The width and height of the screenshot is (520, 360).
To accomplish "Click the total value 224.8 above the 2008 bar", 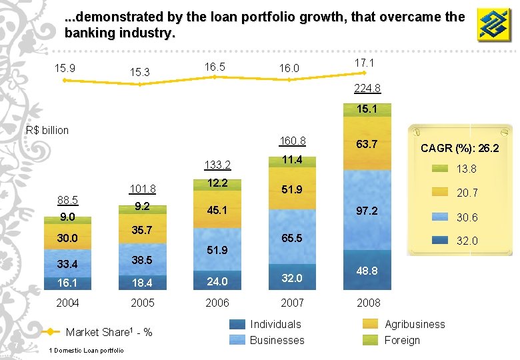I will pyautogui.click(x=367, y=89).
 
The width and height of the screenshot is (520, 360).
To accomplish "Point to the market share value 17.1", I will pyautogui.click(x=364, y=63).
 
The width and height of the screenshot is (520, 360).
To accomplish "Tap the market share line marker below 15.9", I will pyautogui.click(x=65, y=80).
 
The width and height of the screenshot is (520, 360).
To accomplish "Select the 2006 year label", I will pyautogui.click(x=217, y=303).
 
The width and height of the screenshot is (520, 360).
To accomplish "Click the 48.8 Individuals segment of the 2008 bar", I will pyautogui.click(x=367, y=271).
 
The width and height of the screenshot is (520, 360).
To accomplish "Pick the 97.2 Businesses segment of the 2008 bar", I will pyautogui.click(x=367, y=211).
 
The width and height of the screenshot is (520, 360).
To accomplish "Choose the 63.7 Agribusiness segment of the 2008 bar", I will pyautogui.click(x=367, y=144).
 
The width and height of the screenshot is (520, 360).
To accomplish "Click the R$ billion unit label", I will pyautogui.click(x=47, y=130).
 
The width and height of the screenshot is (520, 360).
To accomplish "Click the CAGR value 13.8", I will pyautogui.click(x=466, y=169).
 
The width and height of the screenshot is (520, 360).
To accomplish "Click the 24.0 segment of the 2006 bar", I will pyautogui.click(x=217, y=281).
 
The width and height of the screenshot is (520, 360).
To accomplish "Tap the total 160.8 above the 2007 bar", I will pyautogui.click(x=293, y=141).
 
